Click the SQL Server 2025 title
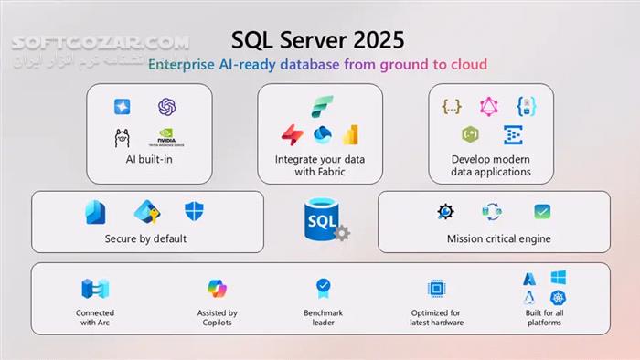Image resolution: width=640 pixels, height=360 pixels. (x=317, y=41)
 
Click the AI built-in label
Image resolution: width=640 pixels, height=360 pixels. (x=149, y=159)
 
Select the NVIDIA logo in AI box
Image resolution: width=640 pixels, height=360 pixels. (x=166, y=137)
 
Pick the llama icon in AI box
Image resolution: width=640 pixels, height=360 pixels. (x=122, y=138)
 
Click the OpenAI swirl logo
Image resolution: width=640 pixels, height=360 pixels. (x=166, y=107)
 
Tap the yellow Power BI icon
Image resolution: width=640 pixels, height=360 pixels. (x=350, y=134)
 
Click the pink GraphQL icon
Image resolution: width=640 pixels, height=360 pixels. (x=488, y=106)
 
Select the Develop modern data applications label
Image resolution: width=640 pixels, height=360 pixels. (x=490, y=165)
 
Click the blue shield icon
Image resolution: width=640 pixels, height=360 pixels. (x=194, y=212)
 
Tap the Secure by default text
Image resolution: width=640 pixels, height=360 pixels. (x=146, y=238)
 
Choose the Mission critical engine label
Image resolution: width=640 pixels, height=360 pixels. (x=498, y=239)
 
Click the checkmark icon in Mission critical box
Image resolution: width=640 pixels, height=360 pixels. (x=542, y=212)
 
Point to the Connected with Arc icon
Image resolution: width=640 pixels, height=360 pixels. (x=95, y=289)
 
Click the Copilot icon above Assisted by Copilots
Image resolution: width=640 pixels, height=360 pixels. (x=217, y=289)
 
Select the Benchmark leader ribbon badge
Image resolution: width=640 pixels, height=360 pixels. (x=323, y=288)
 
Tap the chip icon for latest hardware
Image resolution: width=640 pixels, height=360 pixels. (x=436, y=289)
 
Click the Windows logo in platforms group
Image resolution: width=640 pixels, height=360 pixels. (x=558, y=277)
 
